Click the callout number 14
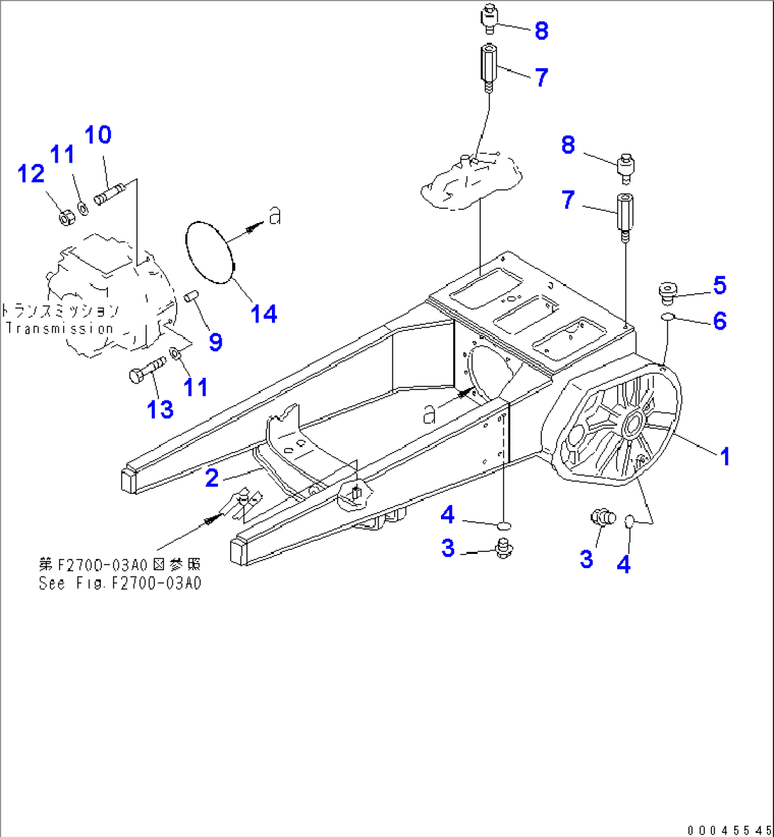tap(264, 313)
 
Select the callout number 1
tap(725, 456)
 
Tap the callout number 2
tap(212, 478)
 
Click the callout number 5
tap(719, 285)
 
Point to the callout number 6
tap(719, 321)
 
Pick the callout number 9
tap(215, 342)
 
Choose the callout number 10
tap(98, 134)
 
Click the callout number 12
tap(31, 173)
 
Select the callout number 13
tap(160, 409)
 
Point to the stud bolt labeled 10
tap(110, 193)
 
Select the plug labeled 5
tap(667, 290)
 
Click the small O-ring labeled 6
tap(667, 316)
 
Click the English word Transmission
tap(60, 328)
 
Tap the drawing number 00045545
tap(729, 829)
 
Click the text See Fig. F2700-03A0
tap(120, 583)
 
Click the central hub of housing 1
tap(631, 424)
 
